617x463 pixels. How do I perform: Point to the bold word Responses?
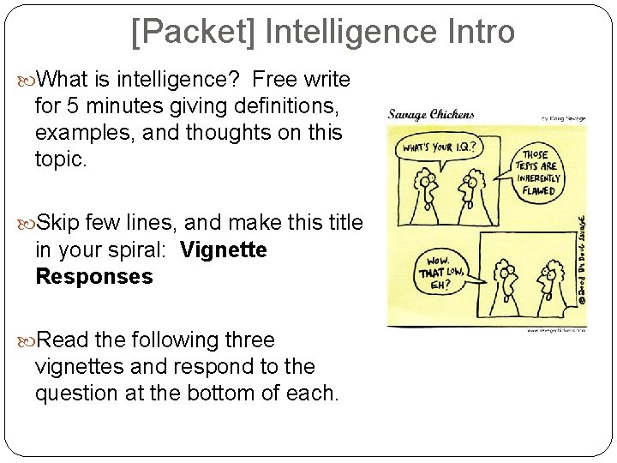pos(94,277)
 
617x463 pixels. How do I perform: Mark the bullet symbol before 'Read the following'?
pos(27,340)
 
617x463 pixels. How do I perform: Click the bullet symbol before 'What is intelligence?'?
pos(27,80)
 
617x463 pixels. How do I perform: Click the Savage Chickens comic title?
pos(431,114)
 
